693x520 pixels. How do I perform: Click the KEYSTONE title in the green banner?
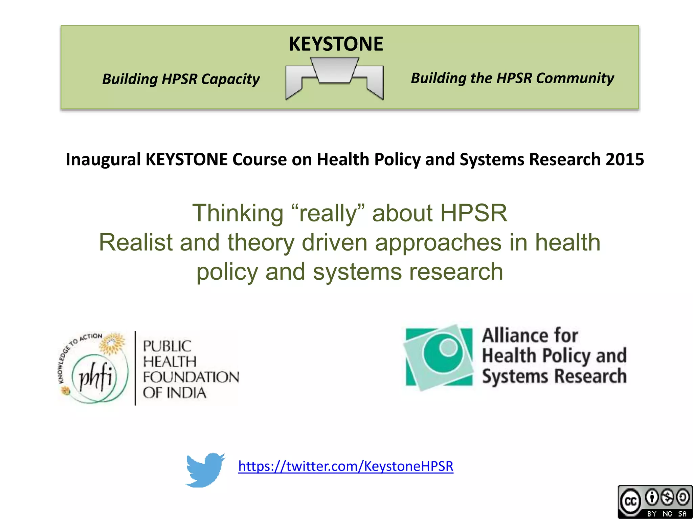(x=336, y=44)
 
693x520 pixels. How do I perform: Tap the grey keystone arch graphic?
(x=334, y=77)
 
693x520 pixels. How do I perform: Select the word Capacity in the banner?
(x=230, y=79)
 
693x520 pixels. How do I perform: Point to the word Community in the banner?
(x=575, y=78)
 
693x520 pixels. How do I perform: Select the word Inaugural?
(x=103, y=159)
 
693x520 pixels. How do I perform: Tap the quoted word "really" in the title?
(x=328, y=213)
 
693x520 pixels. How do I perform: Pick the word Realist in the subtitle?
(x=135, y=243)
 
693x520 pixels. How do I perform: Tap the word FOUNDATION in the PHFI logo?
(x=191, y=377)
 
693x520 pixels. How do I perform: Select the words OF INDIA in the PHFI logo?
(x=174, y=393)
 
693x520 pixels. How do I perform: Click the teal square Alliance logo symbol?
(x=439, y=357)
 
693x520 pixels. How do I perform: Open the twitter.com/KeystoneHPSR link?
(x=345, y=467)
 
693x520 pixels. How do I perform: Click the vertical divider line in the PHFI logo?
(x=135, y=368)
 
